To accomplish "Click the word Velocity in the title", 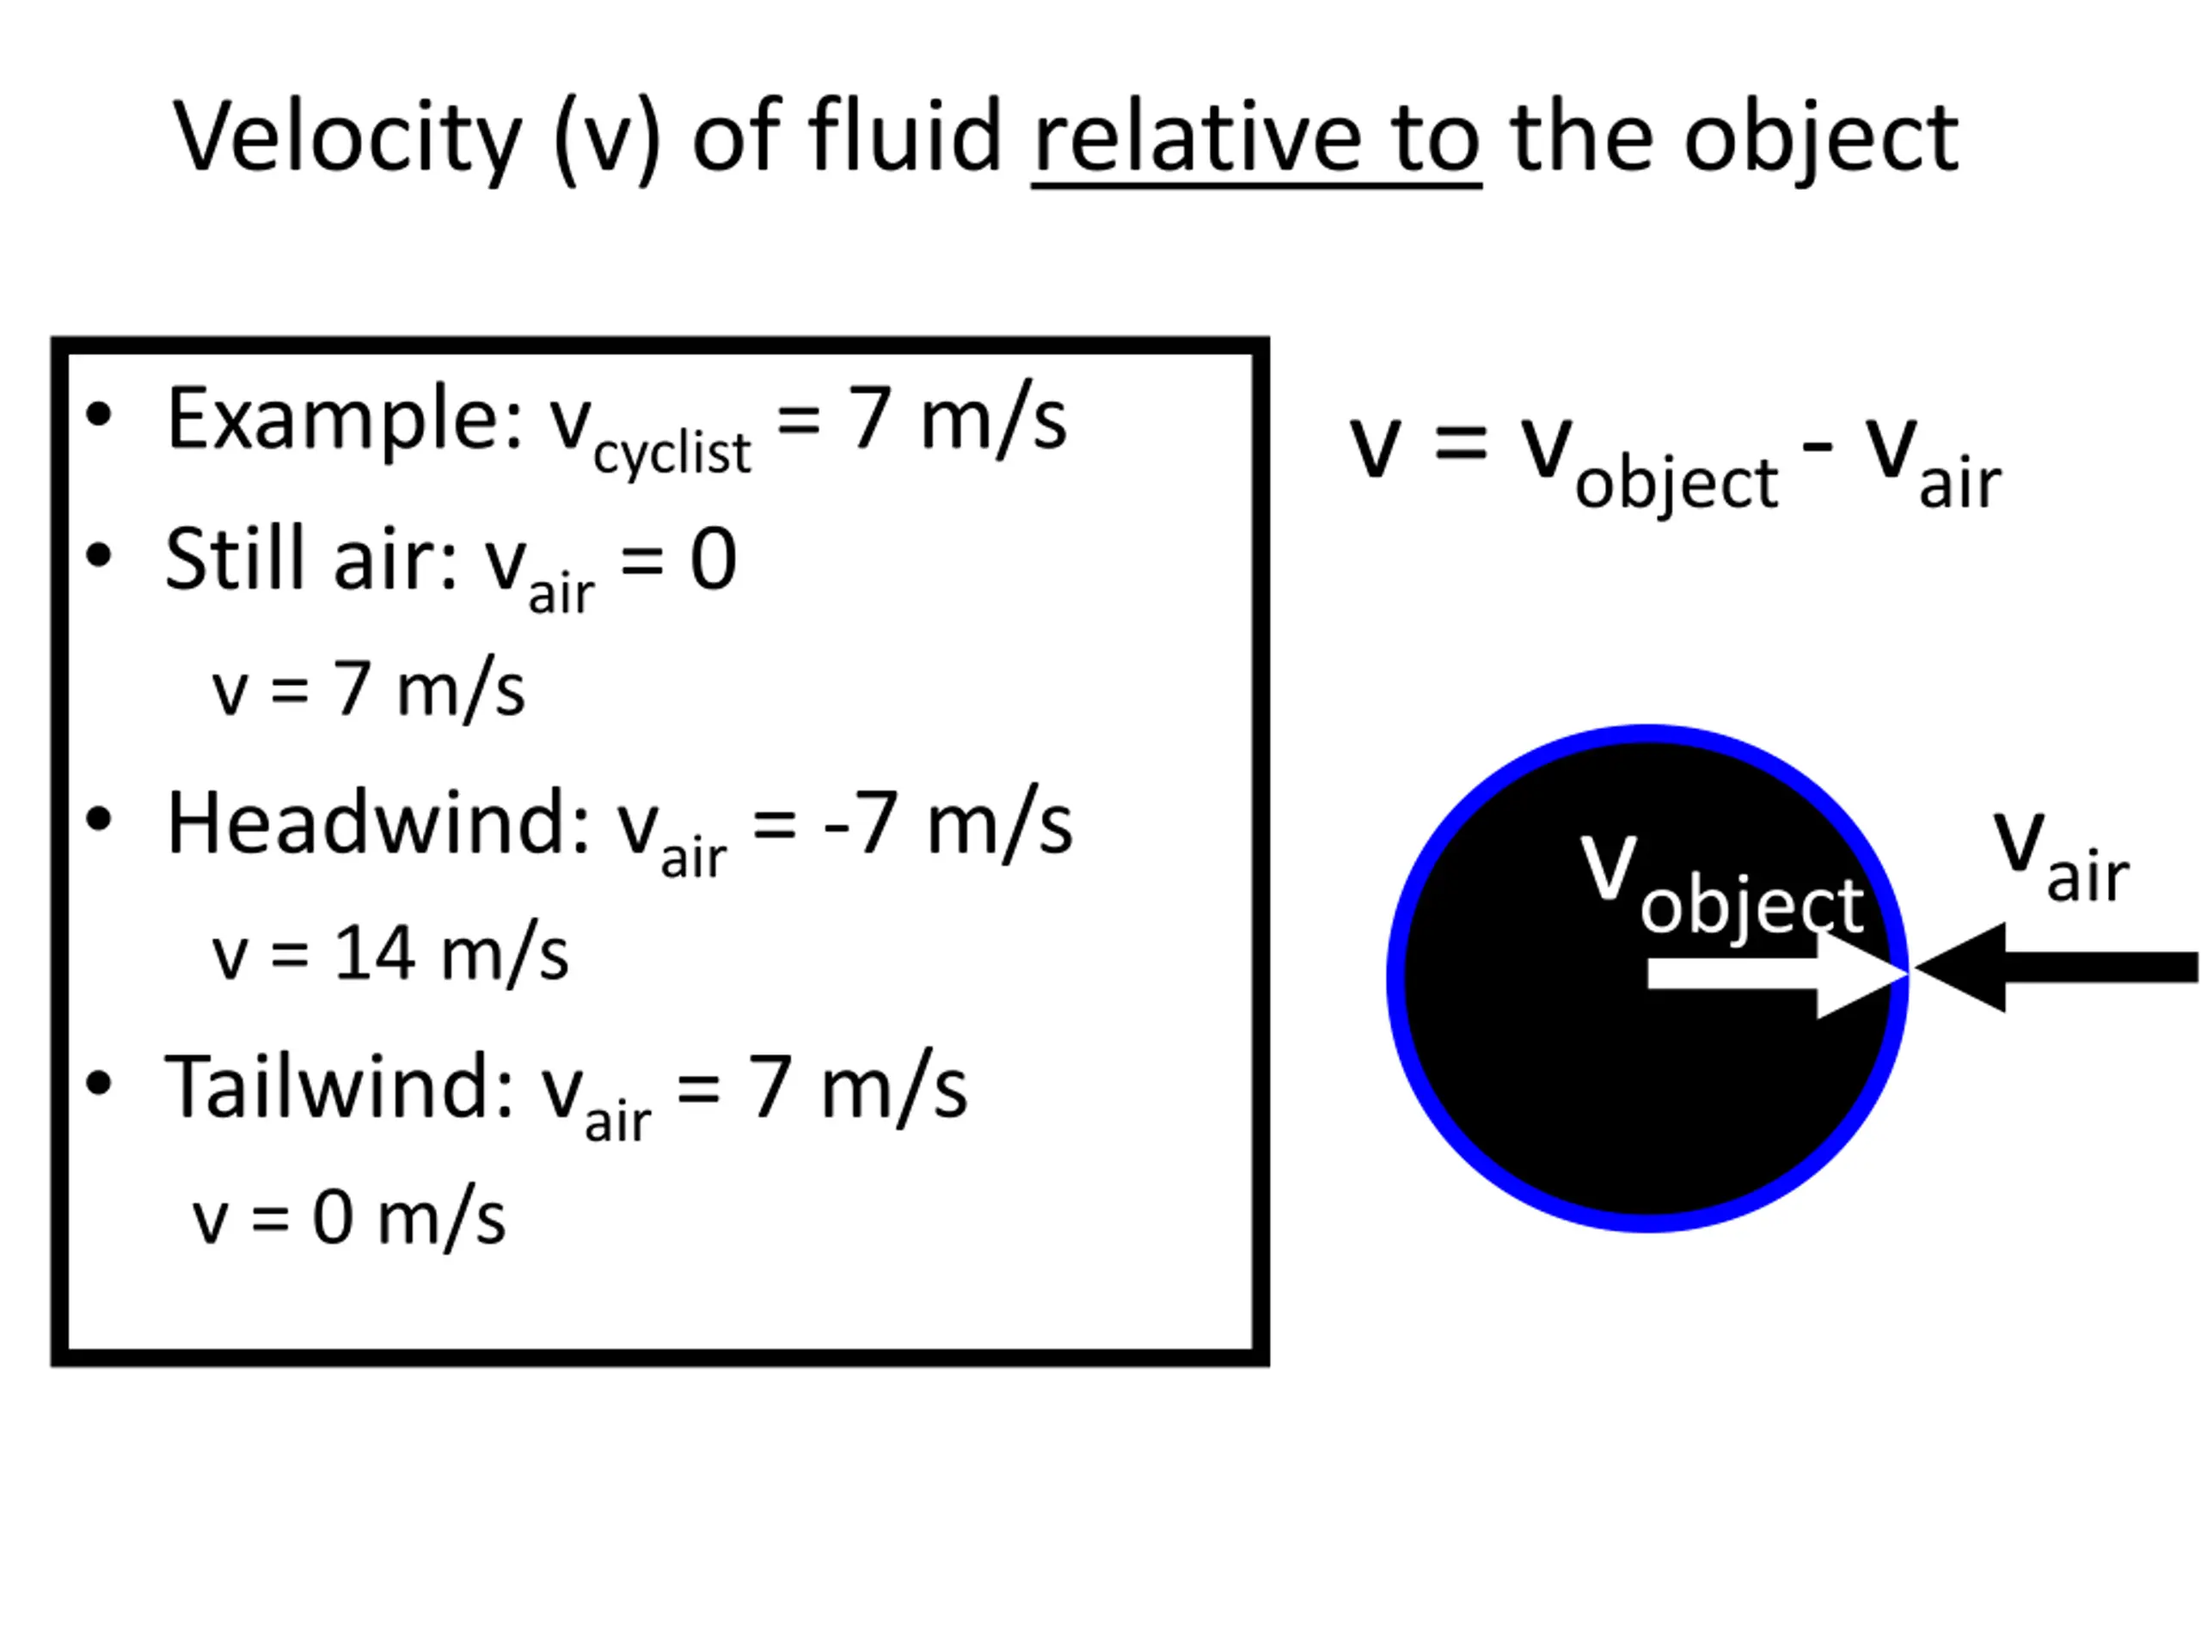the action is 347,140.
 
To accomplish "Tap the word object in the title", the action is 1821,140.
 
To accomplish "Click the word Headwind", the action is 378,823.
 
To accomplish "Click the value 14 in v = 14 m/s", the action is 374,953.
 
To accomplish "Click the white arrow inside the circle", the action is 1777,974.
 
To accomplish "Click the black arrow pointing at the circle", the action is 2056,967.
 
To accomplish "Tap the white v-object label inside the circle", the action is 1722,884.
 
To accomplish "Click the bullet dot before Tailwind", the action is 99,1083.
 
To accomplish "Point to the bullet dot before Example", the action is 99,415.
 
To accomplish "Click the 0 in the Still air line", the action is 714,560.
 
